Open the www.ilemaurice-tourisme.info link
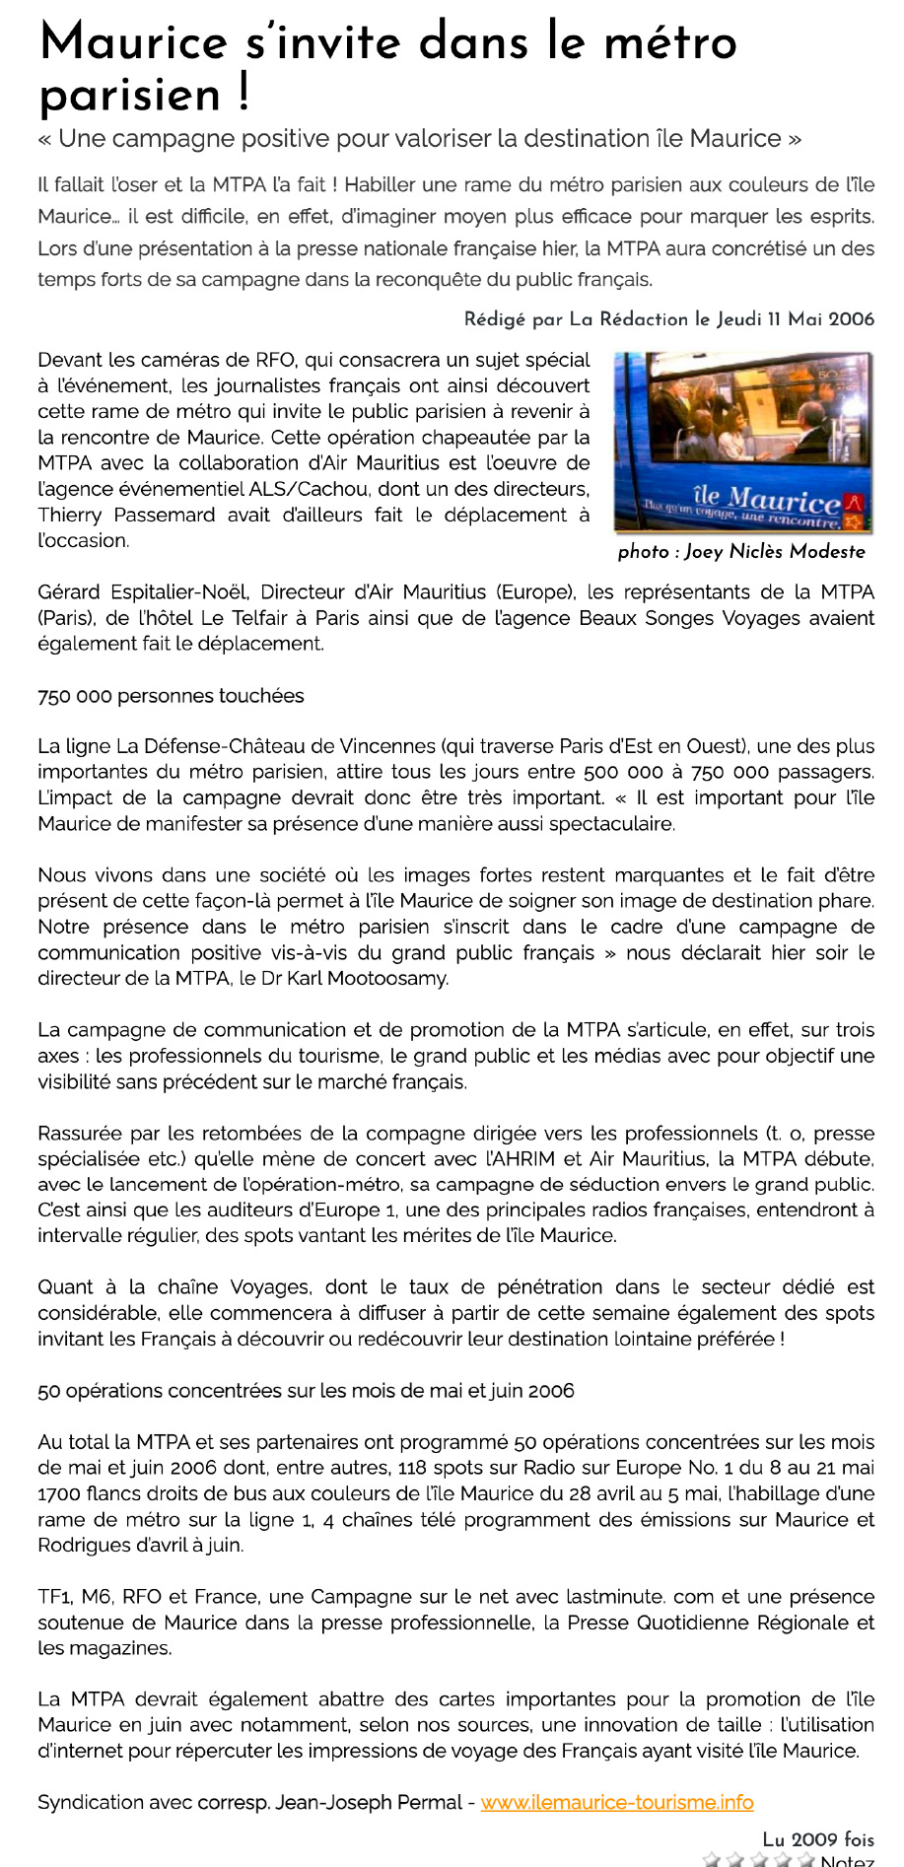click(617, 1802)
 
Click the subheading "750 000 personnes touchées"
click(171, 696)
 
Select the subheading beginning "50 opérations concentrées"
click(306, 1391)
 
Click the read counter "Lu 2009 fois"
click(818, 1839)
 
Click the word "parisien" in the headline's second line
click(129, 97)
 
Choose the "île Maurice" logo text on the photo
click(766, 500)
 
